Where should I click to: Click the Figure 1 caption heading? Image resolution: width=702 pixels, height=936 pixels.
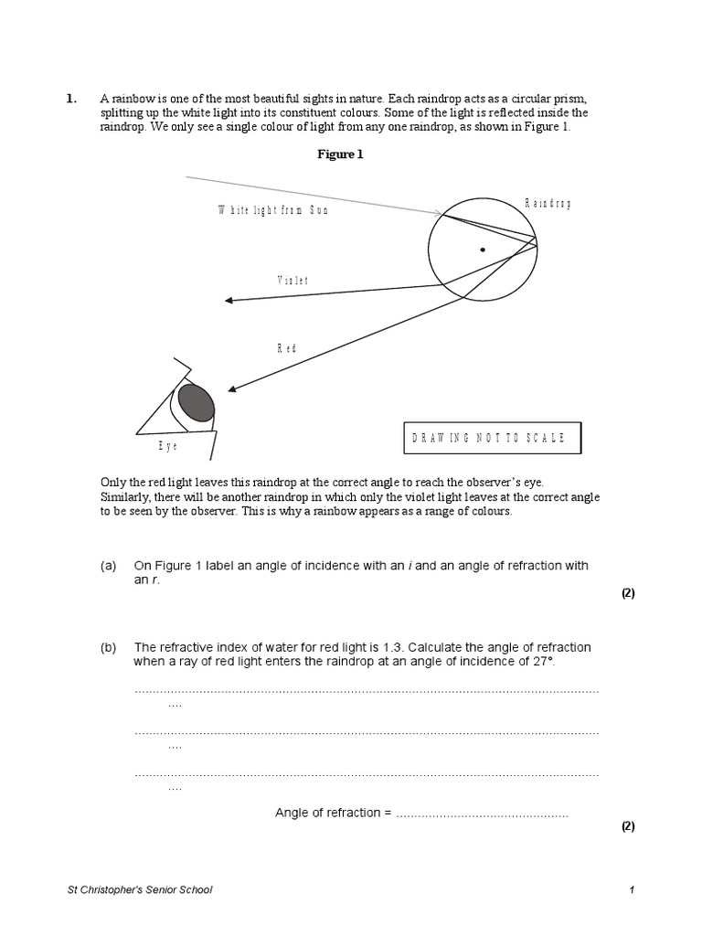(340, 154)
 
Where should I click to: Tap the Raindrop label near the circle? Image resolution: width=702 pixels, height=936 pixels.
(548, 203)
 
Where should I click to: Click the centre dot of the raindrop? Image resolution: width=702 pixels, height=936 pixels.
(483, 249)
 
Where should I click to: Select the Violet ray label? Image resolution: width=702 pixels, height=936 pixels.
(292, 281)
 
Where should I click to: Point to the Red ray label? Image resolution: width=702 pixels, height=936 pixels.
(287, 348)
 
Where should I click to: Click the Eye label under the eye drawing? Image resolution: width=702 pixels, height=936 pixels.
(167, 446)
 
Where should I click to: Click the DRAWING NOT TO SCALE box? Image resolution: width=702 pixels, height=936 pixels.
(492, 438)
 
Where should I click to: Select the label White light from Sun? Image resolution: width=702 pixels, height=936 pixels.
(272, 210)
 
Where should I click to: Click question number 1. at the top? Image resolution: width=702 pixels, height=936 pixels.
(71, 99)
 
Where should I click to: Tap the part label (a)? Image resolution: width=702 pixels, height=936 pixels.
(109, 566)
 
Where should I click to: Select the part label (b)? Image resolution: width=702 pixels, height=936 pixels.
(109, 647)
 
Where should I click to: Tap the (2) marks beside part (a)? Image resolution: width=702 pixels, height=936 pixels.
(628, 592)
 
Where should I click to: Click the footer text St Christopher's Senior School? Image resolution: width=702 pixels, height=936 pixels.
(141, 889)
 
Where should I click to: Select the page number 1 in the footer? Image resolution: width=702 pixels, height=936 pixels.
(631, 889)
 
